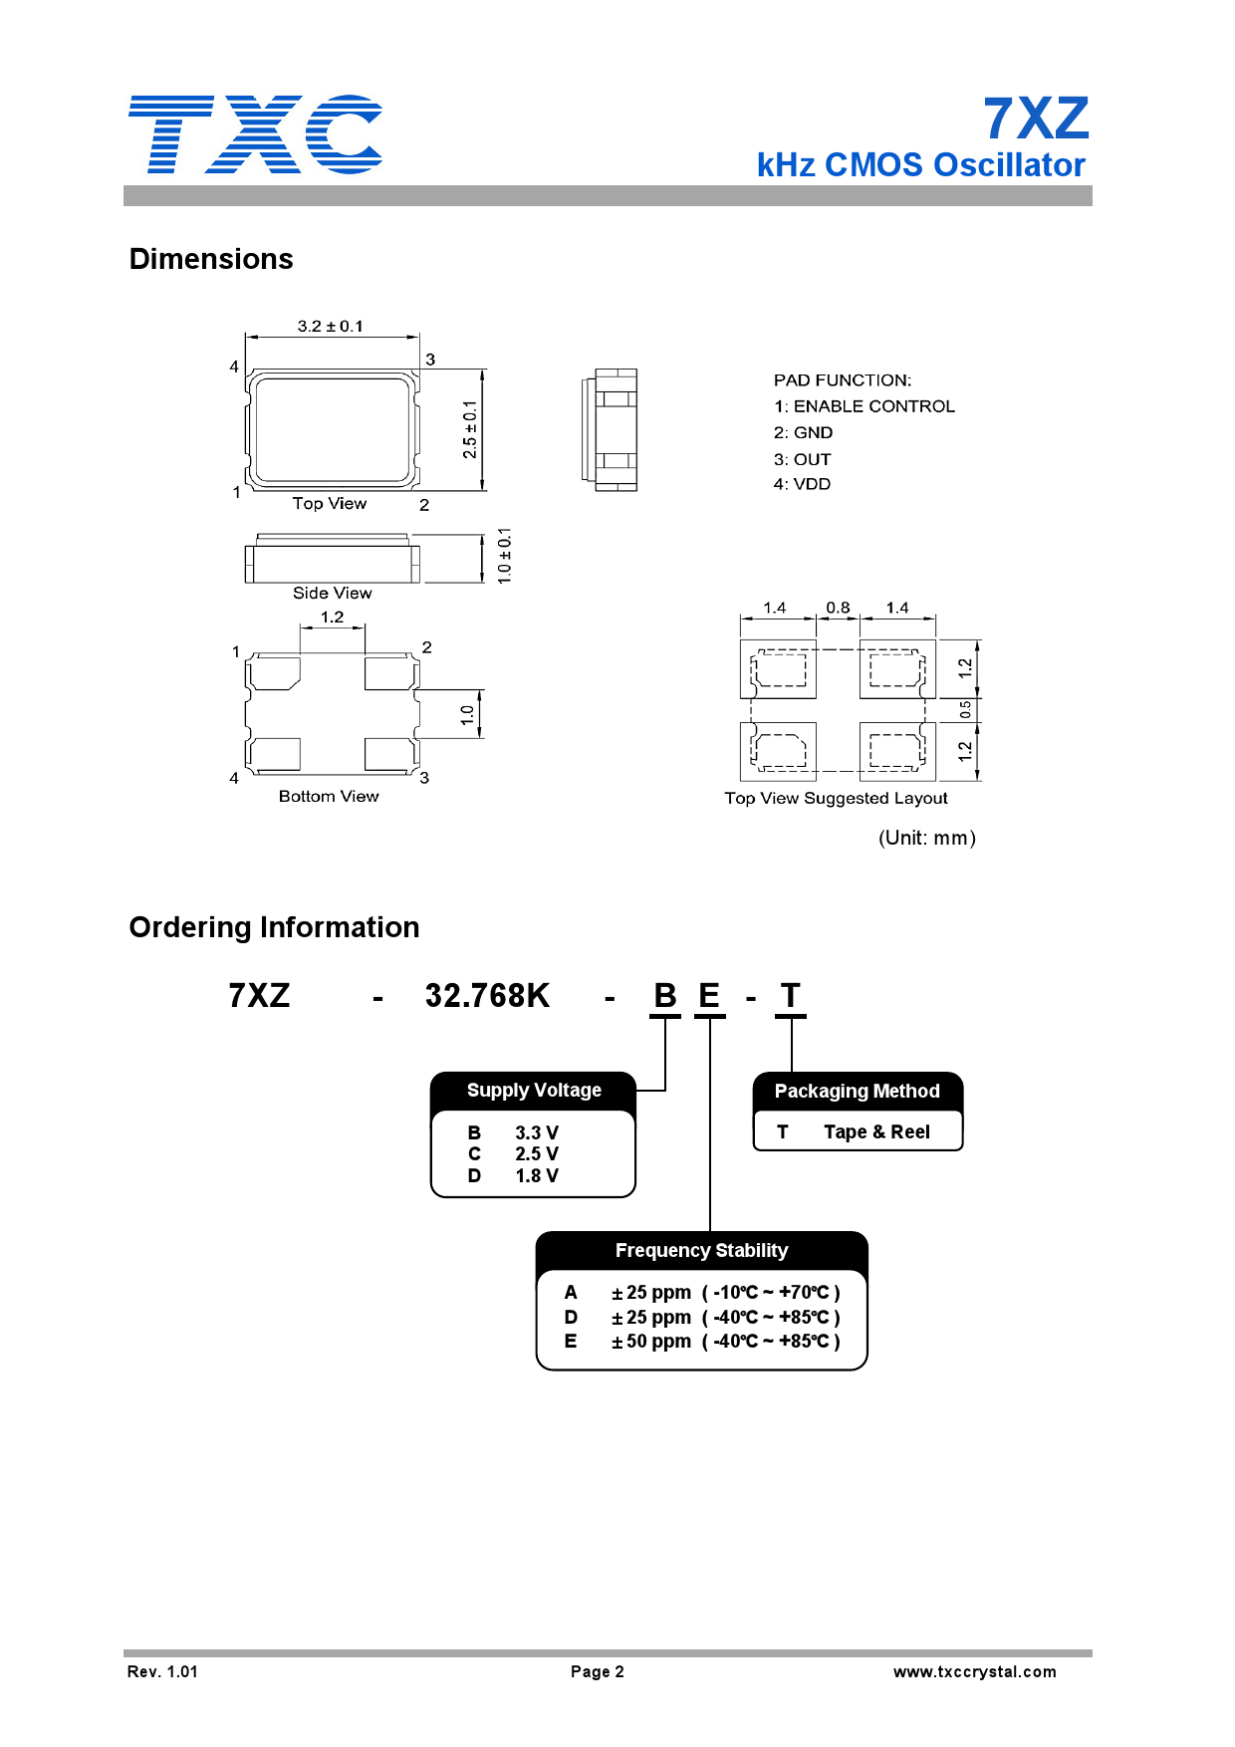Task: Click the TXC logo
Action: click(255, 134)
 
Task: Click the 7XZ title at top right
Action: click(1036, 120)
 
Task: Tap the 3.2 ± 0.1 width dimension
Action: click(330, 327)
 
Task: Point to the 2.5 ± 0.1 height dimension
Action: click(470, 429)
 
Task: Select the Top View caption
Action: click(330, 504)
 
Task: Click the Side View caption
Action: click(332, 594)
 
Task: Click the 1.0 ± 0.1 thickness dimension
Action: click(504, 556)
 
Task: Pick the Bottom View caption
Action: click(329, 797)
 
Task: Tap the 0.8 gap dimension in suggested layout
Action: click(838, 608)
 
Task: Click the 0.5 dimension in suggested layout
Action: click(964, 709)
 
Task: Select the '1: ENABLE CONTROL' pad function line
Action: click(864, 406)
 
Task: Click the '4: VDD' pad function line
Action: click(802, 484)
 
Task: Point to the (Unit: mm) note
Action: click(926, 838)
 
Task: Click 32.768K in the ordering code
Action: click(487, 996)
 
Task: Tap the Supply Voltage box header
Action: click(534, 1091)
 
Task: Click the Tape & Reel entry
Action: click(876, 1132)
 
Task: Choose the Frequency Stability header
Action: click(701, 1251)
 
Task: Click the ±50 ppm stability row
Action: click(702, 1342)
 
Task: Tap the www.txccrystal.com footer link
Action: click(974, 1672)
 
